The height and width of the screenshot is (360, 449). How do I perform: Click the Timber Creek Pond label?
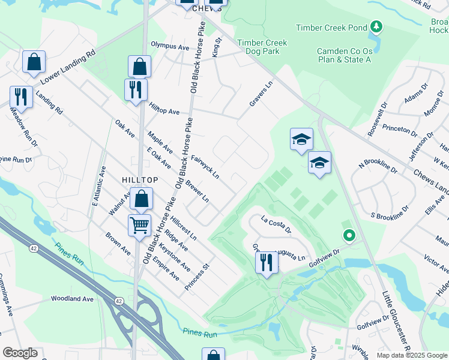[x=332, y=27]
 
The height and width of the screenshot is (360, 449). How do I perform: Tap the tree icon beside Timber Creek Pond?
[x=376, y=26]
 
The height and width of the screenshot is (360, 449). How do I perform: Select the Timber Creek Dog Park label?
[x=262, y=47]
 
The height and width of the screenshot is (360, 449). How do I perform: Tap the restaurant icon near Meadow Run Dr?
[x=20, y=96]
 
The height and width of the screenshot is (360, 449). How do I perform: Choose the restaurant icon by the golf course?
[x=267, y=262]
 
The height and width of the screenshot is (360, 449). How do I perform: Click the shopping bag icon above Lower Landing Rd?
[x=34, y=61]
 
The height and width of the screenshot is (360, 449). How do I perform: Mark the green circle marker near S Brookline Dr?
[x=348, y=236]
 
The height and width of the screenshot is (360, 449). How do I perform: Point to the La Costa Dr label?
[x=276, y=225]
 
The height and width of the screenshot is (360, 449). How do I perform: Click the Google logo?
[x=20, y=353]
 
